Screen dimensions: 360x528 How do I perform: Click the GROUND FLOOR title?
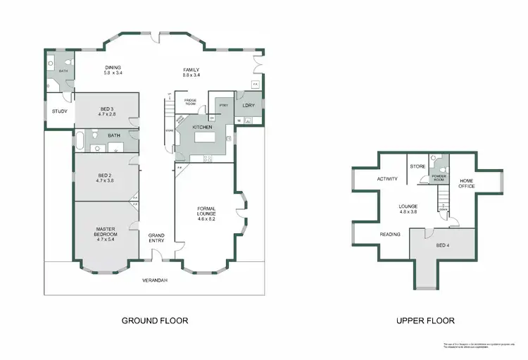[155, 321]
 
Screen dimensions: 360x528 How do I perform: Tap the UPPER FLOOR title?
[425, 321]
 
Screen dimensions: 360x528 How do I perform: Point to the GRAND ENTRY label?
[156, 237]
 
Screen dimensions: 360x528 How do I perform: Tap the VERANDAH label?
[156, 280]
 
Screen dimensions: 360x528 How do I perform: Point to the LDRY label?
[248, 105]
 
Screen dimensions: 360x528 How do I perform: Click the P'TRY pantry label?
[224, 106]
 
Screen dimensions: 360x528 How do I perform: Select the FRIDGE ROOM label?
[190, 102]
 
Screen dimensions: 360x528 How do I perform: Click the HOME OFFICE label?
[467, 183]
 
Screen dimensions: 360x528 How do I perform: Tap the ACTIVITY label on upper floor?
[387, 179]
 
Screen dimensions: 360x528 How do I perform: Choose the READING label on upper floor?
[389, 235]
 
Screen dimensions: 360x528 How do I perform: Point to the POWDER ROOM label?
[439, 178]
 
